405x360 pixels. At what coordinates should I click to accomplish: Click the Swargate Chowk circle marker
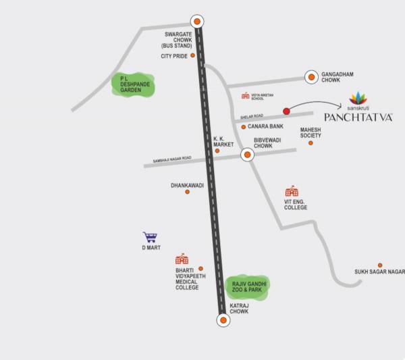(x=196, y=21)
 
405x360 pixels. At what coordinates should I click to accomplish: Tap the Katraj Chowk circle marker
(x=223, y=319)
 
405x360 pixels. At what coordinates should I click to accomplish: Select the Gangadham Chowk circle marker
(x=310, y=78)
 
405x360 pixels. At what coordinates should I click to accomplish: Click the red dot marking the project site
(x=286, y=111)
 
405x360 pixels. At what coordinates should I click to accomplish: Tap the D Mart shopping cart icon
(x=150, y=237)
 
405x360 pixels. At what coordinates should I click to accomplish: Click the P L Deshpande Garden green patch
(x=134, y=84)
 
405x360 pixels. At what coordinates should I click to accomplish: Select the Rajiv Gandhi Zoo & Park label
(x=247, y=286)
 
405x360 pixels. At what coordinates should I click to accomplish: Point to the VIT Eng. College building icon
(x=292, y=191)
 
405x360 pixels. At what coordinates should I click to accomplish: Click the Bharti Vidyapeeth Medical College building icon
(x=182, y=259)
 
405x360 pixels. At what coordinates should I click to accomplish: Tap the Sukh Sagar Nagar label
(x=379, y=272)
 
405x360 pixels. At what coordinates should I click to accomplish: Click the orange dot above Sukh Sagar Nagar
(x=380, y=265)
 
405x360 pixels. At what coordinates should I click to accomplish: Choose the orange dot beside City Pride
(x=193, y=55)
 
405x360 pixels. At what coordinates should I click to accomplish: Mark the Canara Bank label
(x=265, y=126)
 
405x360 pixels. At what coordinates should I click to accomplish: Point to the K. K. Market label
(x=223, y=142)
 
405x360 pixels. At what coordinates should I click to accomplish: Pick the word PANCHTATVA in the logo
(x=358, y=117)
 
